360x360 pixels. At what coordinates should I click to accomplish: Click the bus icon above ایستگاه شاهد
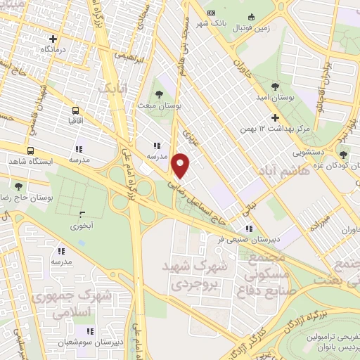point(30,150)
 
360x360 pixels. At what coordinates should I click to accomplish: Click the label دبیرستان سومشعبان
point(89,344)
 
